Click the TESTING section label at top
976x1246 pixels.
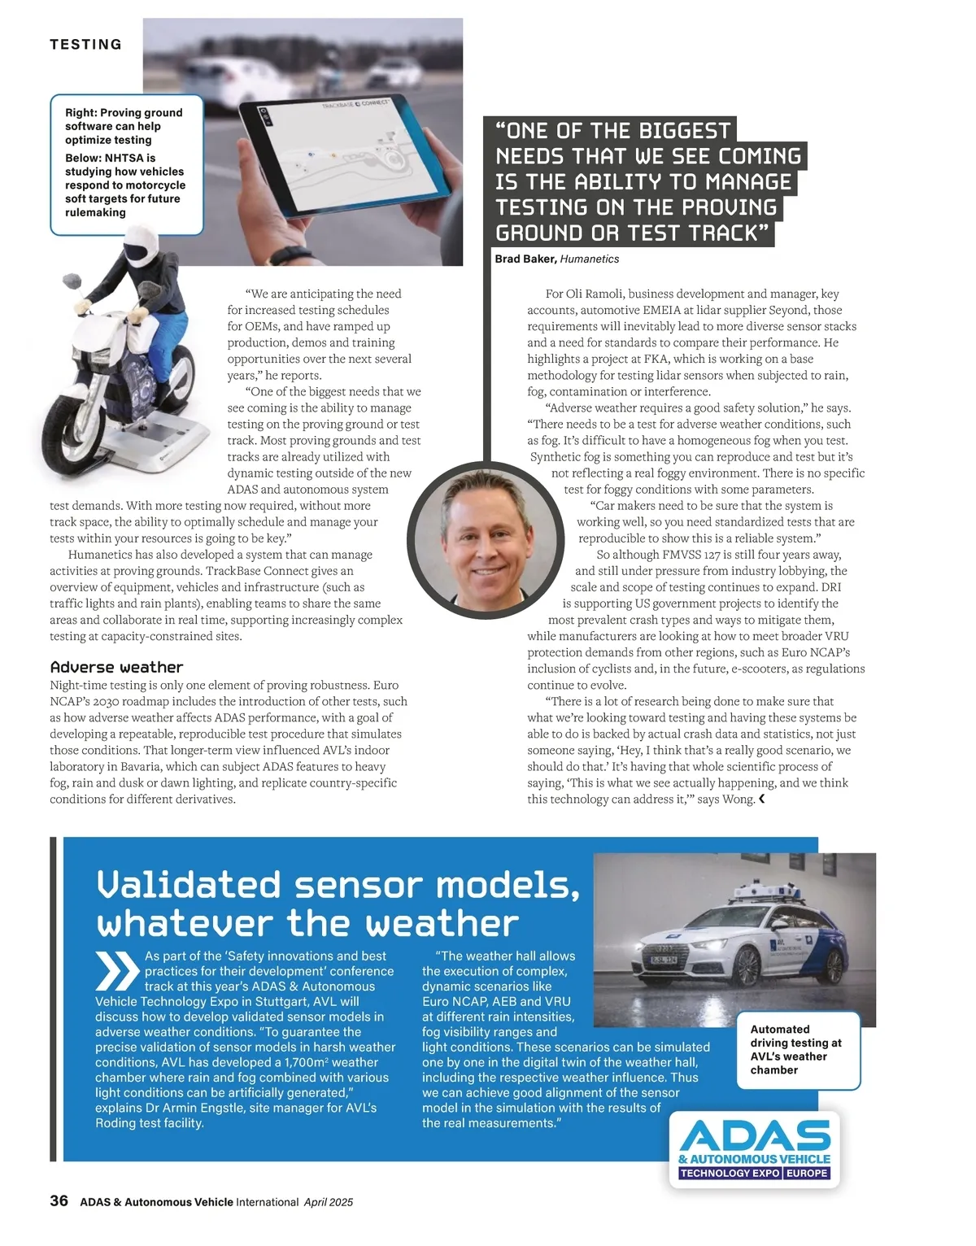[85, 45]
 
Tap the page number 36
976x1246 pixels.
[59, 1200]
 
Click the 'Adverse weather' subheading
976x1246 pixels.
[116, 667]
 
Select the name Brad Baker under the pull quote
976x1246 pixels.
[525, 259]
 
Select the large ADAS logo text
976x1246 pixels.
[755, 1135]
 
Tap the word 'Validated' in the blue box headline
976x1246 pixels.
[189, 885]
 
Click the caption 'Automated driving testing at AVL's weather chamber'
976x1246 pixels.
[796, 1049]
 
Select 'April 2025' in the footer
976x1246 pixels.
[329, 1202]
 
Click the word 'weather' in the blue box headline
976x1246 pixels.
[441, 924]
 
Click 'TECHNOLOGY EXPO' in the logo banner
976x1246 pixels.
[729, 1173]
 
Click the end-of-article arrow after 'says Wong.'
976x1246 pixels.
[762, 799]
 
